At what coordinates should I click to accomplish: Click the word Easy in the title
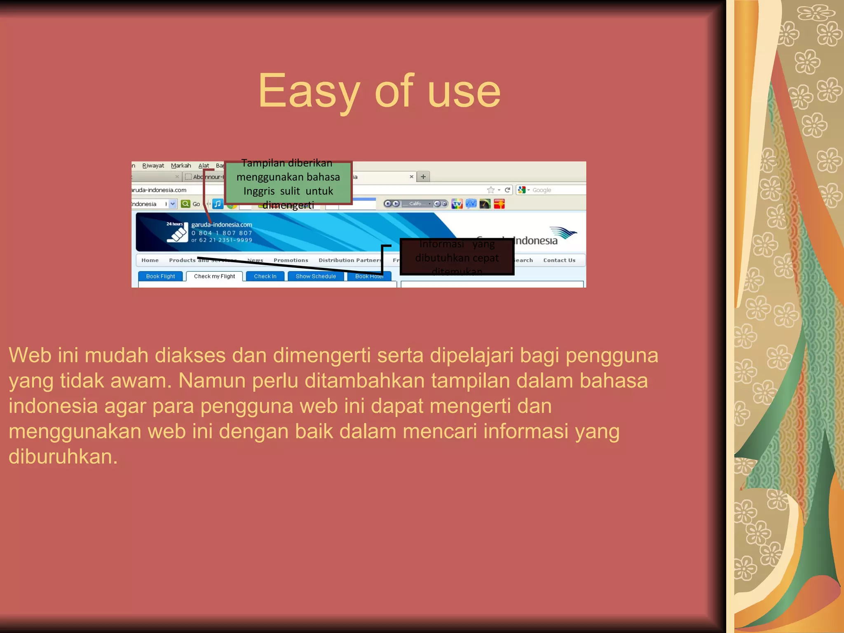coord(309,91)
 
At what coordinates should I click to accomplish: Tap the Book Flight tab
coord(160,276)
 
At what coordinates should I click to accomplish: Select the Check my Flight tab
coord(214,276)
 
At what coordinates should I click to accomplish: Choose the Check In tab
coord(265,276)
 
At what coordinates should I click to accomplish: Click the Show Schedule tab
coord(316,276)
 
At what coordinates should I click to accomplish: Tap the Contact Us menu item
coord(559,260)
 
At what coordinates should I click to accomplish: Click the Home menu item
coord(150,260)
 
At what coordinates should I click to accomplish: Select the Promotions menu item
coord(291,260)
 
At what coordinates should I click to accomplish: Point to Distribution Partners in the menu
coord(350,260)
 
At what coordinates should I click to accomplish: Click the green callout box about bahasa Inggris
coord(288,183)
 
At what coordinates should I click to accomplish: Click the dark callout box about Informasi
coord(457,257)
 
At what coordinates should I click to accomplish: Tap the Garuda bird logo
coord(563,233)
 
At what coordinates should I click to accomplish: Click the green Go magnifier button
coord(186,204)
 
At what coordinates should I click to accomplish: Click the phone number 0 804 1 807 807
coord(222,233)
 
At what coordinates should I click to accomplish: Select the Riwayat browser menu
coord(153,166)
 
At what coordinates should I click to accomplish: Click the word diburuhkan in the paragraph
coord(63,457)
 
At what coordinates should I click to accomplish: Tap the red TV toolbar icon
coord(457,204)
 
